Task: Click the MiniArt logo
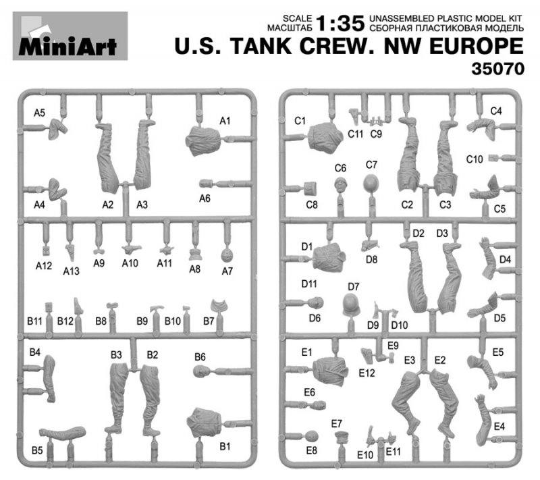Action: pyautogui.click(x=70, y=36)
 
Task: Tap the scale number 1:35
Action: pyautogui.click(x=340, y=24)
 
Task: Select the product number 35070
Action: pyautogui.click(x=497, y=68)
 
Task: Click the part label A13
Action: pyautogui.click(x=72, y=271)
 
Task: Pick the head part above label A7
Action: pyautogui.click(x=227, y=255)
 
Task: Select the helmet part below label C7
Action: pyautogui.click(x=371, y=182)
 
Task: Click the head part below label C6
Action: pyautogui.click(x=341, y=185)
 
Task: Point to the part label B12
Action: pyautogui.click(x=65, y=321)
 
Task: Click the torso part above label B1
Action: pyautogui.click(x=205, y=423)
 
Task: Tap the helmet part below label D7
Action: pyautogui.click(x=351, y=304)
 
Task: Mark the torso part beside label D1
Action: pyautogui.click(x=329, y=257)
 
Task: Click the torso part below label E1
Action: pyautogui.click(x=330, y=371)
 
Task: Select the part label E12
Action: pyautogui.click(x=367, y=373)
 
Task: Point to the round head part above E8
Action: pyautogui.click(x=312, y=437)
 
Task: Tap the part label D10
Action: pyautogui.click(x=400, y=325)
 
